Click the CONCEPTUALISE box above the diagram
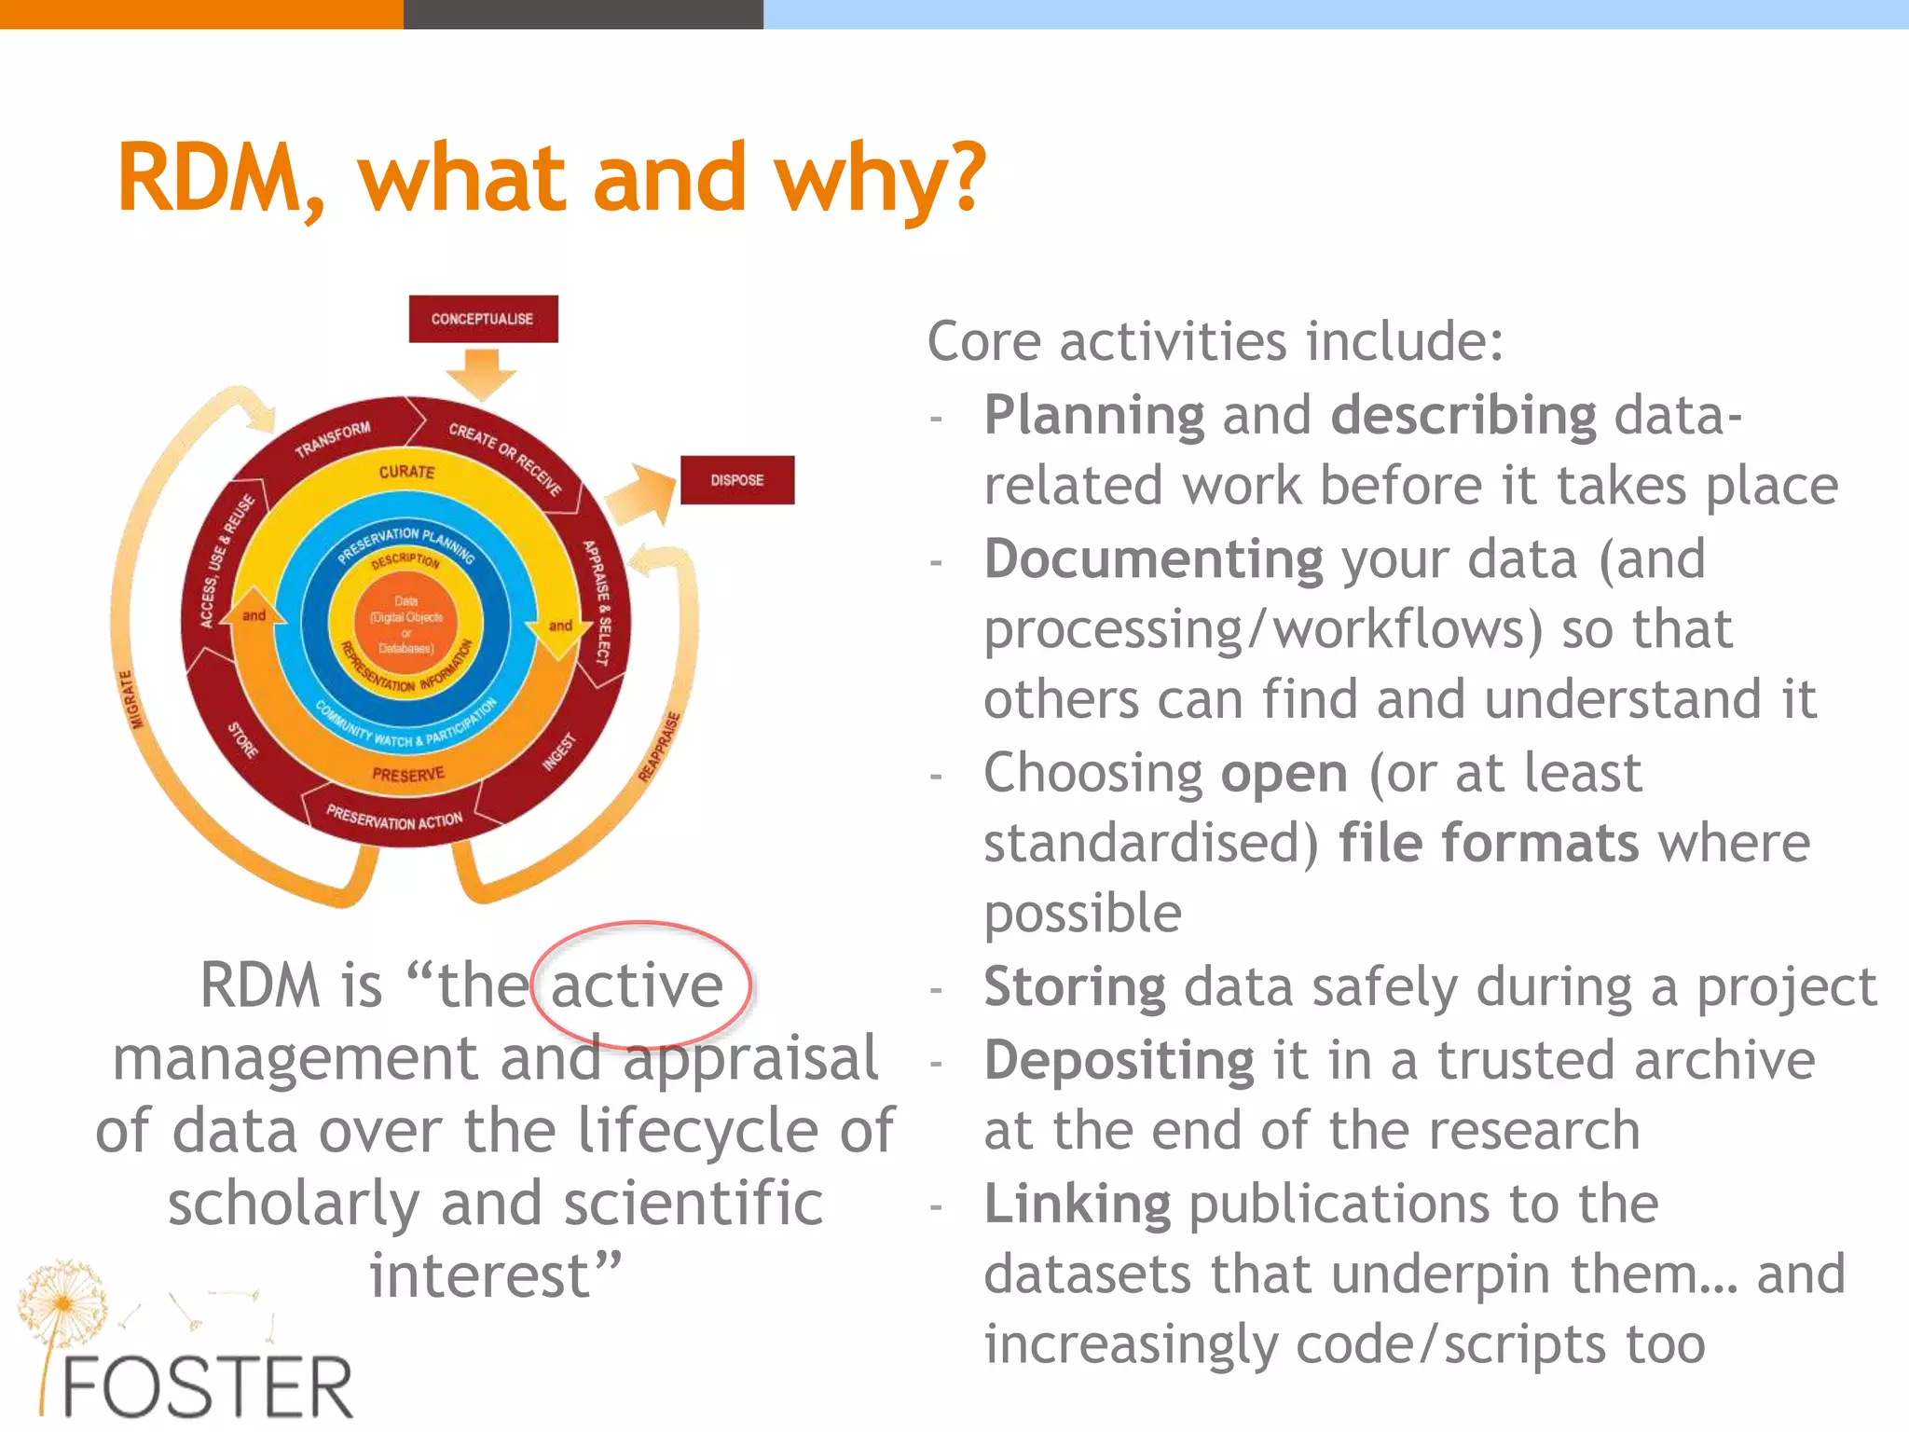coord(483,319)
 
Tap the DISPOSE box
coord(736,480)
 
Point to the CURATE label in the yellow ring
coord(406,472)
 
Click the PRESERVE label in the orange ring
coord(408,774)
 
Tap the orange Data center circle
coord(406,624)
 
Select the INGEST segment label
coord(560,752)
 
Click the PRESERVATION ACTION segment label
coord(394,819)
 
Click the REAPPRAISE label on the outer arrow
coord(660,746)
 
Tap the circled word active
coord(638,986)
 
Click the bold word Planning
coord(1094,415)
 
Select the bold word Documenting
coord(1153,559)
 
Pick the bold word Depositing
coord(1119,1061)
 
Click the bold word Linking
coord(1077,1204)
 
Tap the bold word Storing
coord(1074,987)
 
